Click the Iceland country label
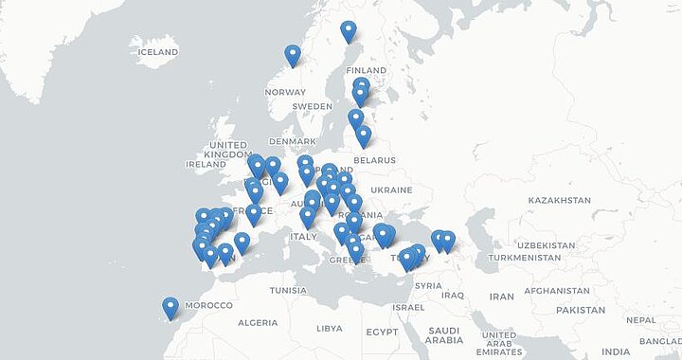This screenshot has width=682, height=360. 158,51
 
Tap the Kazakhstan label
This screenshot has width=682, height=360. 559,200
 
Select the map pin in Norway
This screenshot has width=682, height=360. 293,56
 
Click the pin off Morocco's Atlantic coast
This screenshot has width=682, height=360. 170,307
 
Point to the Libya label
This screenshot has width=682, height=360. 330,329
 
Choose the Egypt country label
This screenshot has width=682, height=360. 382,332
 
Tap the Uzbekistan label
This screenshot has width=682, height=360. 545,244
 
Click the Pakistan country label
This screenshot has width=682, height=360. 581,310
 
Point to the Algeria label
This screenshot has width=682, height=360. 257,323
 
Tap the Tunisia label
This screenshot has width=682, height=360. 288,290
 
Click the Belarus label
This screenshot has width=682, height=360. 374,160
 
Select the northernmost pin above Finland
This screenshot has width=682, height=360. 349,31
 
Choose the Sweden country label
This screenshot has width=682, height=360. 312,106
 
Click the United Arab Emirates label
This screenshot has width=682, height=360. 498,343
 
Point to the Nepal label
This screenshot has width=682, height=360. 640,319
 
